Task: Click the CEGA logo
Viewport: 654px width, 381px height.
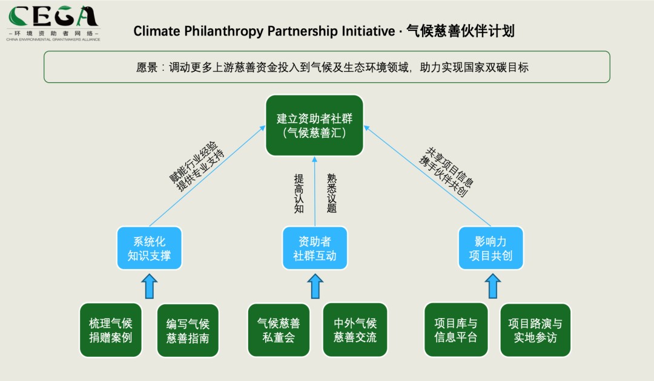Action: point(53,23)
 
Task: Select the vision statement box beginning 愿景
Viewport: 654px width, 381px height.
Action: point(326,67)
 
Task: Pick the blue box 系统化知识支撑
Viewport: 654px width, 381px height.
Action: point(149,249)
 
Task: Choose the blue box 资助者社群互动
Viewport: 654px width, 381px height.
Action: point(315,249)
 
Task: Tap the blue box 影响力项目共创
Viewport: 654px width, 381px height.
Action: point(490,249)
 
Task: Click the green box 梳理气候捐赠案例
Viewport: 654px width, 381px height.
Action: point(110,330)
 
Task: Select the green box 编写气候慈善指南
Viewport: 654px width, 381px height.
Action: point(188,330)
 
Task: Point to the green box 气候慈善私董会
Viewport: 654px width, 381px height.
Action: point(279,330)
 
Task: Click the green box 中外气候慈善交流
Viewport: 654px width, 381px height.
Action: point(355,330)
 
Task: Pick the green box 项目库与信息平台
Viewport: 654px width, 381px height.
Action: point(455,330)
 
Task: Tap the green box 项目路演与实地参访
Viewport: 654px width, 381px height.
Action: point(535,330)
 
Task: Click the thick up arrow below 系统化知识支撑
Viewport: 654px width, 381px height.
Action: point(149,286)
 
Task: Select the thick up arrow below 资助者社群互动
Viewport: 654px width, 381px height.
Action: point(315,286)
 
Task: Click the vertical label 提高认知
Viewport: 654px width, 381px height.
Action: point(299,194)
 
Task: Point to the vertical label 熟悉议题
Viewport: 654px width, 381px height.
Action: point(331,194)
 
